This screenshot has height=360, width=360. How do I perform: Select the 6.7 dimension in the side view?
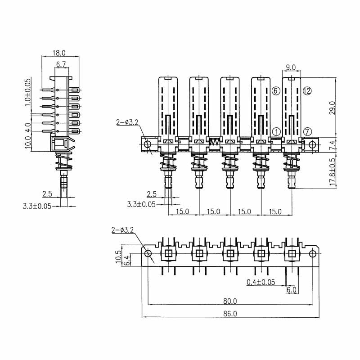coord(61,64)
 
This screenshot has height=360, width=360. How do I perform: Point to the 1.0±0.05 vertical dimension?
coord(28,92)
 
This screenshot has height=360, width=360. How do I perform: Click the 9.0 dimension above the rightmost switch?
coord(290,67)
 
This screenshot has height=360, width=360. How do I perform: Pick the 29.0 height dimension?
coord(333,108)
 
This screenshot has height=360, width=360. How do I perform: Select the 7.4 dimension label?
coord(333,144)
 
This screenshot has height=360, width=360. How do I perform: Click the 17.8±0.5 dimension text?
coord(333,172)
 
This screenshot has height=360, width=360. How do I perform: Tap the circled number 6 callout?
coord(276,91)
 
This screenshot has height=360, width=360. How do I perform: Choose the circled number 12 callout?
coord(307,91)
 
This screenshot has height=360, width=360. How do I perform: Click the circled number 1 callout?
coord(276,132)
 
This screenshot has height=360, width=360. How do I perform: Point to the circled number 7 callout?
coord(307,132)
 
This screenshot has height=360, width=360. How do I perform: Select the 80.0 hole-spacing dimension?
coord(230,301)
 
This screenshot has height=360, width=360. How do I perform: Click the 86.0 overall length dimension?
coord(230,313)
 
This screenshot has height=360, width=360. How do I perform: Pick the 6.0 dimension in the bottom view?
coord(292,290)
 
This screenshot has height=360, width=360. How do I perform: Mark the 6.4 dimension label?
coord(126,260)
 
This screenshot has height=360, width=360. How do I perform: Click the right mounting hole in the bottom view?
coord(313,253)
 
